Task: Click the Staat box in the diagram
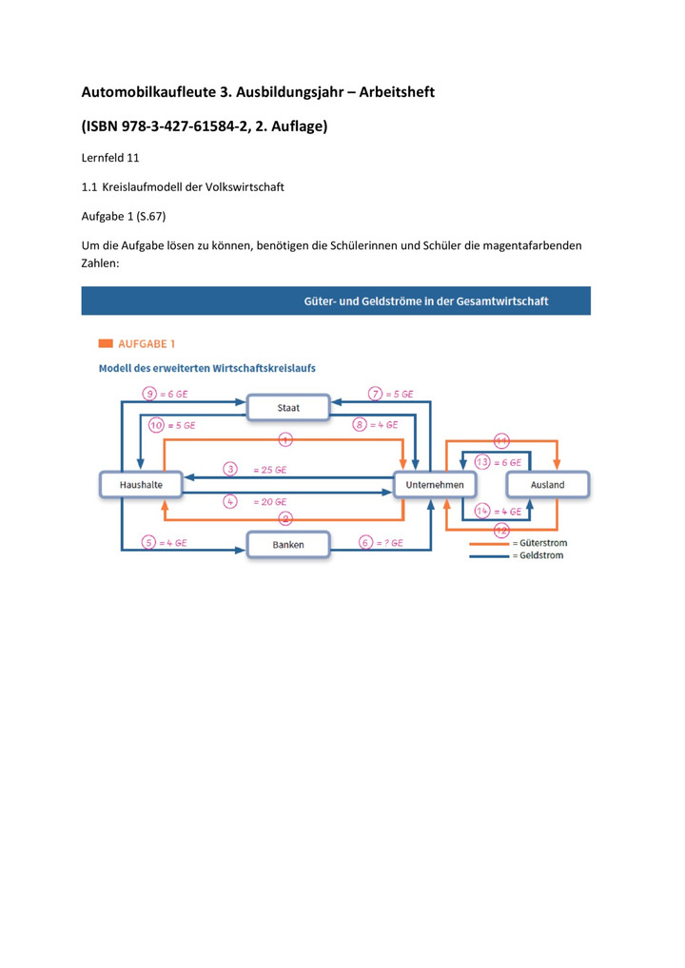(x=288, y=407)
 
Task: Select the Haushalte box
(x=141, y=485)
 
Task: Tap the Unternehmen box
(x=435, y=485)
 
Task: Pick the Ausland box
(x=548, y=485)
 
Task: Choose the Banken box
(x=288, y=545)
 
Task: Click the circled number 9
(x=149, y=394)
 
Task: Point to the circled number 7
(x=376, y=394)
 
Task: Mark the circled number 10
(x=156, y=425)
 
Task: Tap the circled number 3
(x=230, y=469)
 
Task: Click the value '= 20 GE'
(x=270, y=502)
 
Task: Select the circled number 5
(x=148, y=543)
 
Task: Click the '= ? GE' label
(x=389, y=543)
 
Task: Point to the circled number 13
(x=482, y=462)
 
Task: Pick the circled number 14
(x=482, y=511)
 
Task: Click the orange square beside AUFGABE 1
(x=106, y=343)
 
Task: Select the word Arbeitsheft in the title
(x=397, y=92)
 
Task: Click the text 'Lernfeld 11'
(x=110, y=158)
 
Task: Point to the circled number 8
(x=360, y=425)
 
